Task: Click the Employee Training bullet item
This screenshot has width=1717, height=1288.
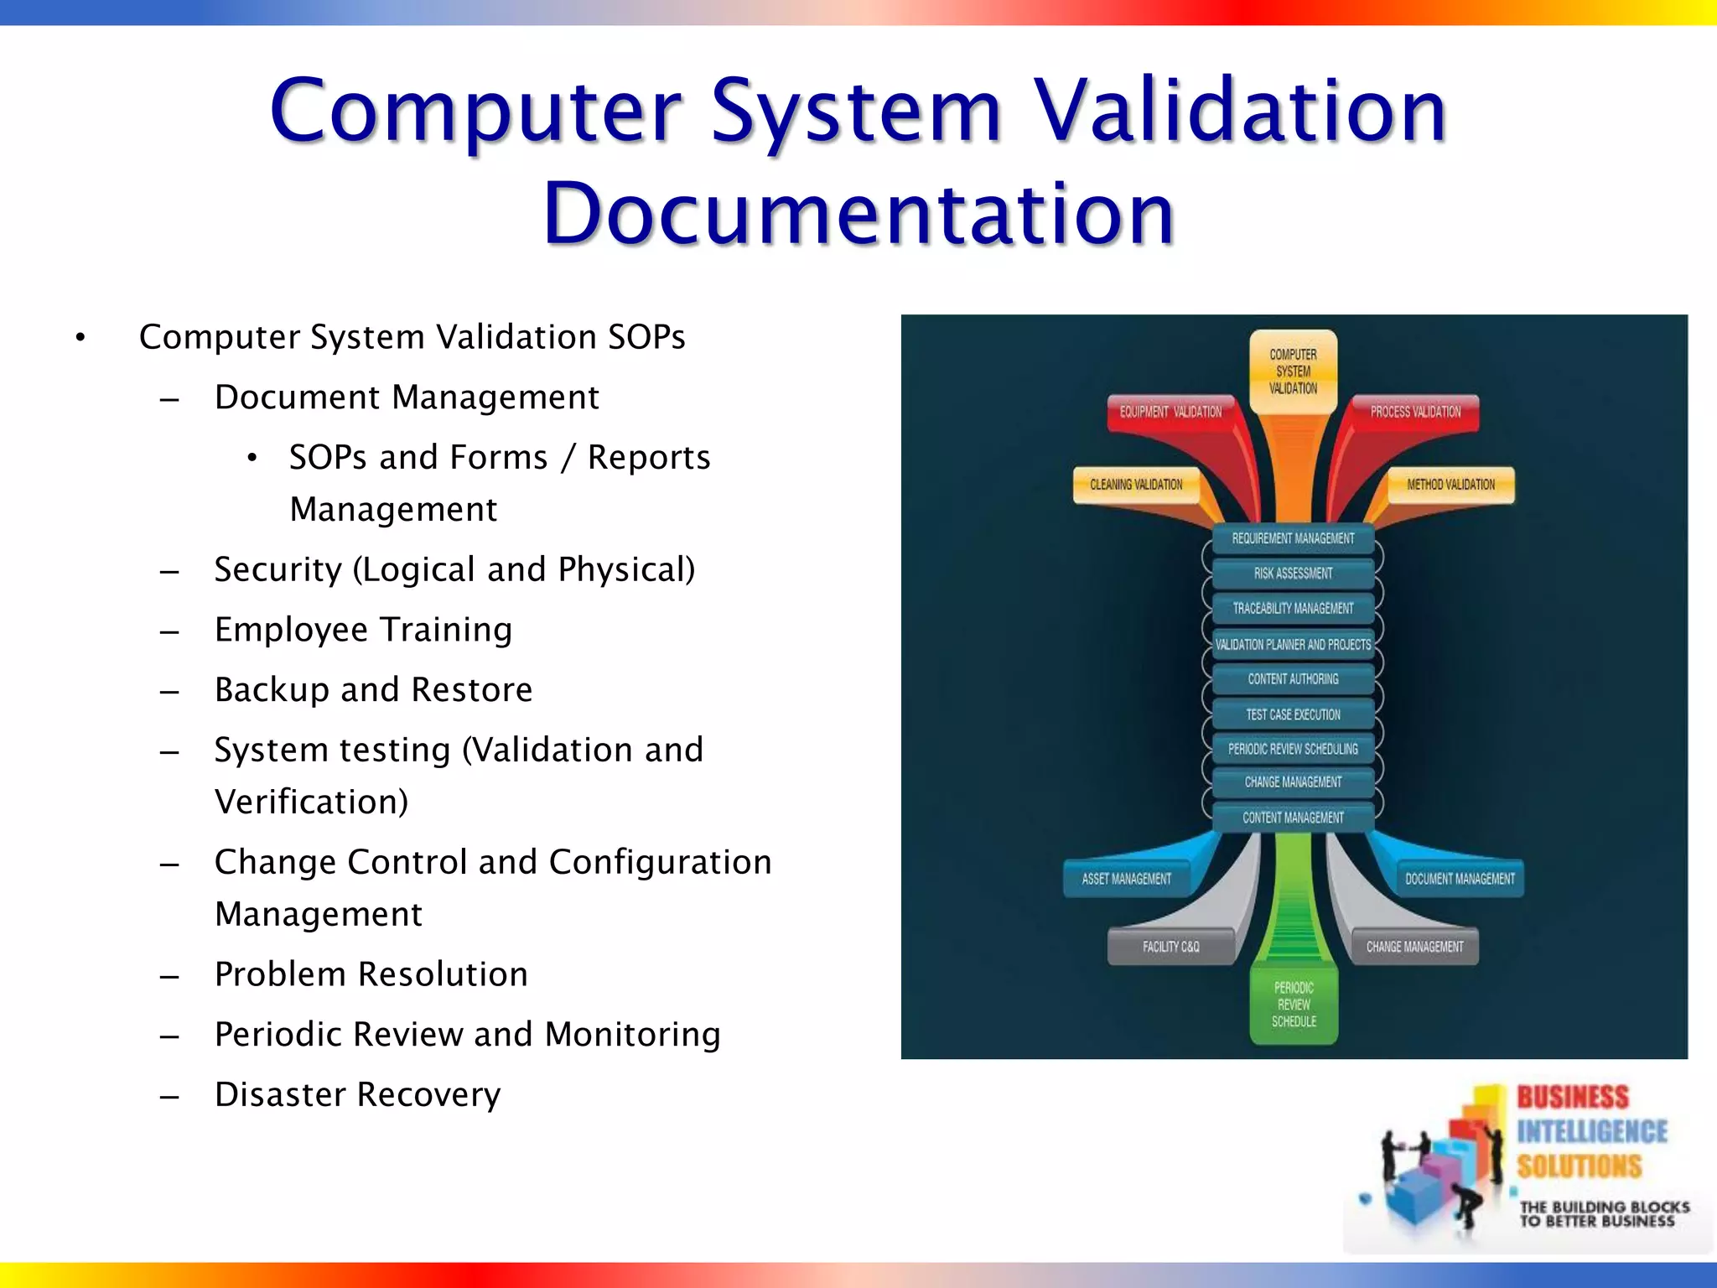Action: tap(363, 630)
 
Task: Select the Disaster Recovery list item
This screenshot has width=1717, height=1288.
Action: tap(357, 1095)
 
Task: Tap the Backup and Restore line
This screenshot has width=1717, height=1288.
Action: tap(373, 690)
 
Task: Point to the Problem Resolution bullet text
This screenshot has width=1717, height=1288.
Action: tap(371, 974)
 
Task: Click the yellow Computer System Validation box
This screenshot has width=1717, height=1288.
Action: tap(1293, 371)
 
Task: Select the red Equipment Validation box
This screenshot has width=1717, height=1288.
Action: tap(1170, 412)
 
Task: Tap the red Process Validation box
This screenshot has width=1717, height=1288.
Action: tap(1415, 412)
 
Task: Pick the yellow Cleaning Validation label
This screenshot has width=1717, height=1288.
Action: tap(1136, 485)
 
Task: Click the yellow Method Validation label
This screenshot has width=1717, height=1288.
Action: tap(1450, 485)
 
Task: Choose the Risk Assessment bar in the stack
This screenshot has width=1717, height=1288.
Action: tap(1293, 574)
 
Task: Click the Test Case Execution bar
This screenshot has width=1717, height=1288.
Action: tap(1293, 714)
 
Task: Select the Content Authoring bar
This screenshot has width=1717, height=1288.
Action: tap(1293, 679)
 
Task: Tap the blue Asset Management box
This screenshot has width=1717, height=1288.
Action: tap(1126, 879)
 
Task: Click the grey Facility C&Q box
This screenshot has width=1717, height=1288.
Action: tap(1170, 947)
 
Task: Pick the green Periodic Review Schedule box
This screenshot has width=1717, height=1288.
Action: tap(1294, 1005)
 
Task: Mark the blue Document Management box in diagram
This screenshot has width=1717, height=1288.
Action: tap(1460, 879)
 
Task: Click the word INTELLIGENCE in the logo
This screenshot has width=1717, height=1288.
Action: tap(1592, 1132)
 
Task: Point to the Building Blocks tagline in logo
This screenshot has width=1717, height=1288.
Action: tap(1604, 1214)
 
